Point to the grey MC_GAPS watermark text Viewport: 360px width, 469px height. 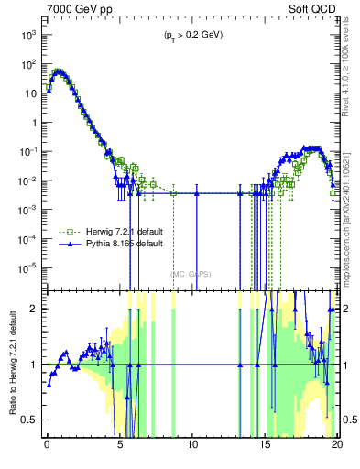191,273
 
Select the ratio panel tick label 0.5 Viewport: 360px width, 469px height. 33,420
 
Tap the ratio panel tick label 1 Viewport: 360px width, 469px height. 37,365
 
